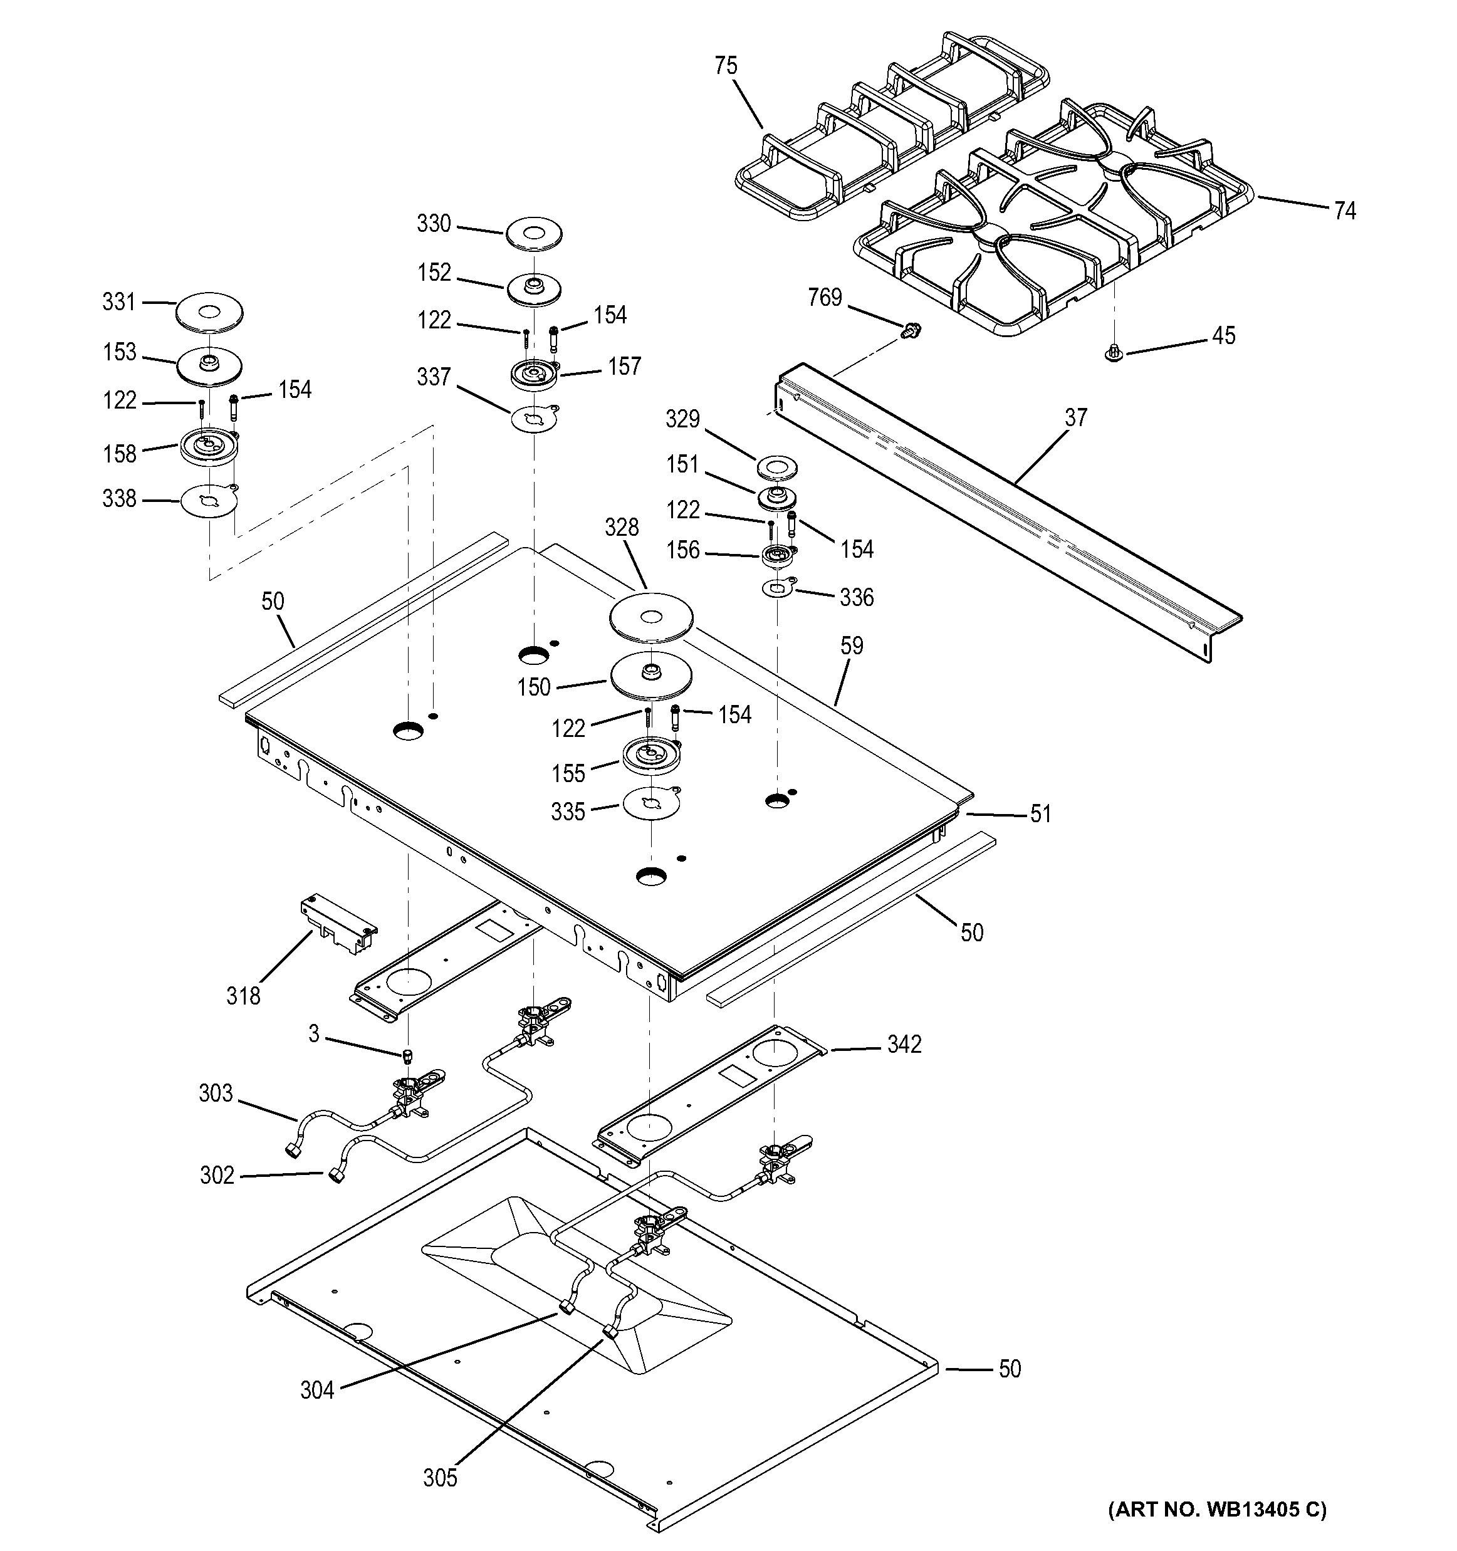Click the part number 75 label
point(726,66)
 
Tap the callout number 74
point(1345,211)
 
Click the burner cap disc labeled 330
point(533,233)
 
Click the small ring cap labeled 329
point(777,468)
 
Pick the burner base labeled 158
point(208,448)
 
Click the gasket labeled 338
point(208,500)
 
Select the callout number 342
point(904,1044)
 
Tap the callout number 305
point(440,1478)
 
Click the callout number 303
point(216,1093)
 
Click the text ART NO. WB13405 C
point(1217,1509)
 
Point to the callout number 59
point(852,645)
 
